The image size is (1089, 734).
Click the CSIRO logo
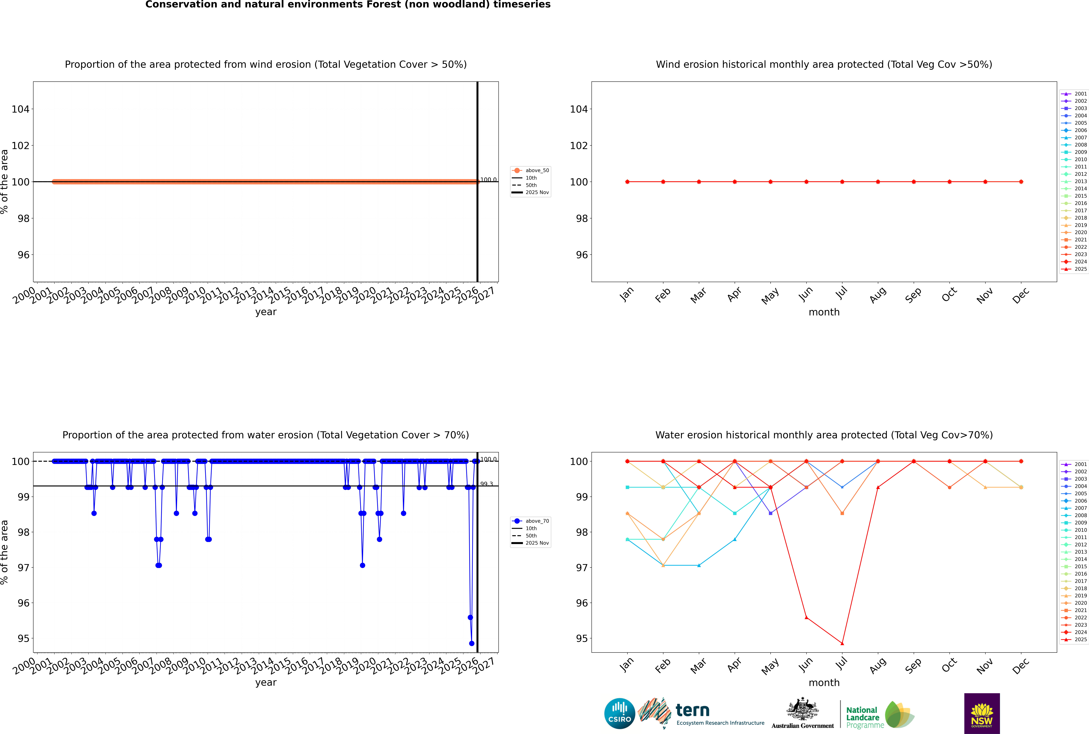619,713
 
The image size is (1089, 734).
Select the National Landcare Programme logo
879,715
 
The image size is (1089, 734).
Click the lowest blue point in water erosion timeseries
471,643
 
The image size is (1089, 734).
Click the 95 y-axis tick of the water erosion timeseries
23,639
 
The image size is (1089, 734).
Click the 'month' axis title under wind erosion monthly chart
824,312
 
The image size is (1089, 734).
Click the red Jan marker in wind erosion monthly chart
627,182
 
